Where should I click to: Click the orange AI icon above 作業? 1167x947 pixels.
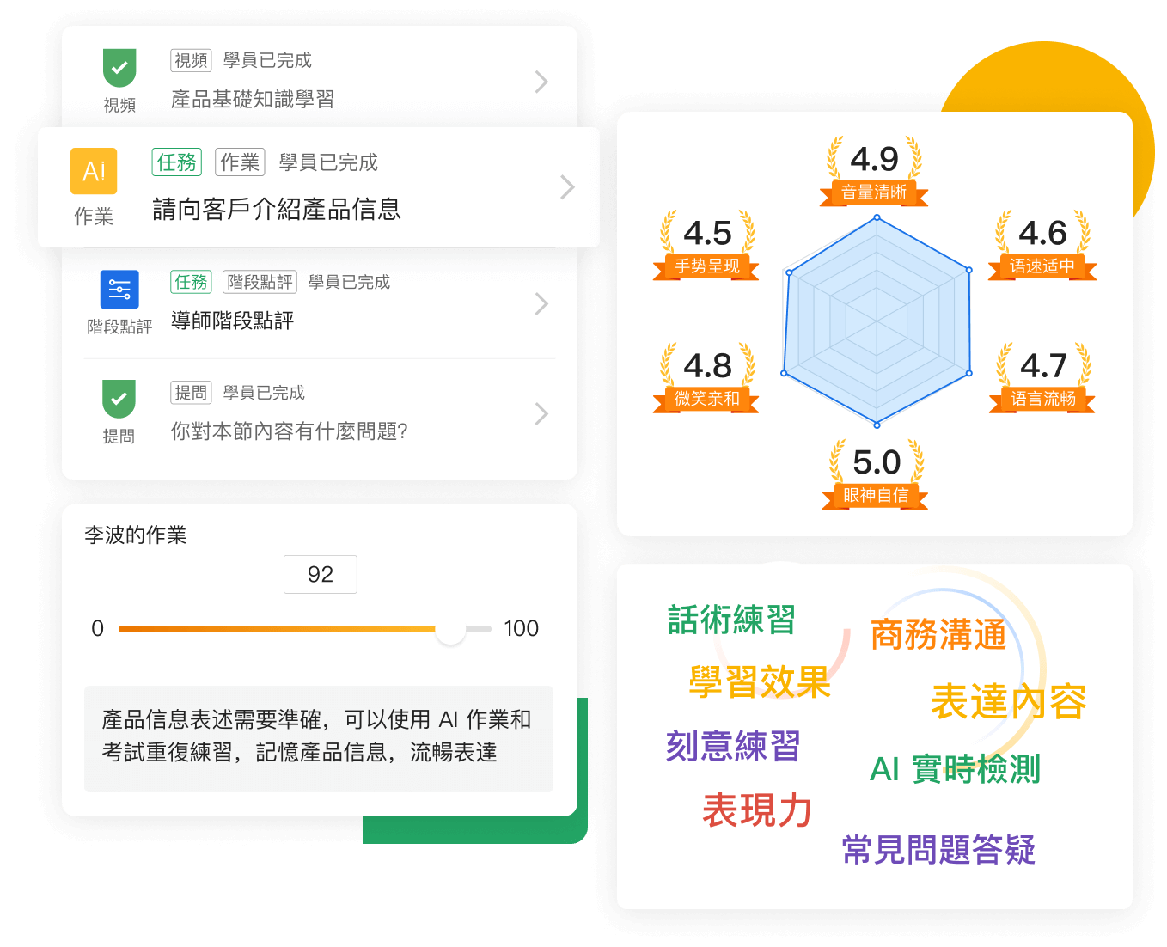pyautogui.click(x=94, y=171)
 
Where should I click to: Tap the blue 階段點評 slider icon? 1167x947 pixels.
pyautogui.click(x=119, y=290)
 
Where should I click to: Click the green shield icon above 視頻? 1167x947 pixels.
pyautogui.click(x=119, y=68)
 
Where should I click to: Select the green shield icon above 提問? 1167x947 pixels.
pyautogui.click(x=119, y=399)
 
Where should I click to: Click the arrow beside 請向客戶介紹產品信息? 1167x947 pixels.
pyautogui.click(x=567, y=187)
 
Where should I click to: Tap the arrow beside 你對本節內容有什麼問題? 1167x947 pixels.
pyautogui.click(x=541, y=414)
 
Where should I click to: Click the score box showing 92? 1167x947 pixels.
pyautogui.click(x=321, y=574)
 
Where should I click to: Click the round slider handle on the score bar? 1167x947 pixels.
pyautogui.click(x=450, y=630)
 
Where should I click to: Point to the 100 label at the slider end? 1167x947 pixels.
pyautogui.click(x=521, y=629)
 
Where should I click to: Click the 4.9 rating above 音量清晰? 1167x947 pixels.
pyautogui.click(x=874, y=159)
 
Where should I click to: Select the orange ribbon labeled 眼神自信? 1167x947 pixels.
pyautogui.click(x=875, y=496)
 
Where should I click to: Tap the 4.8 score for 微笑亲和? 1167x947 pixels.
pyautogui.click(x=707, y=366)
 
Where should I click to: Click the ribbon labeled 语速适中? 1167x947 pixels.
pyautogui.click(x=1042, y=266)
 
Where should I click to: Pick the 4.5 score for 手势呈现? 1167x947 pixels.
pyautogui.click(x=707, y=234)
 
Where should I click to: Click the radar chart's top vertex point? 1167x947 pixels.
pyautogui.click(x=877, y=217)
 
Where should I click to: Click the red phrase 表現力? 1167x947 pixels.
pyautogui.click(x=757, y=810)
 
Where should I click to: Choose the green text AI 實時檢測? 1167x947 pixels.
pyautogui.click(x=955, y=769)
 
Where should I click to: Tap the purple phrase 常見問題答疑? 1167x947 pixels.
pyautogui.click(x=938, y=850)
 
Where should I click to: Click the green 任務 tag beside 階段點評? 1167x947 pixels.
pyautogui.click(x=191, y=282)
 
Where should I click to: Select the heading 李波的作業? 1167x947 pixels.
pyautogui.click(x=136, y=535)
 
